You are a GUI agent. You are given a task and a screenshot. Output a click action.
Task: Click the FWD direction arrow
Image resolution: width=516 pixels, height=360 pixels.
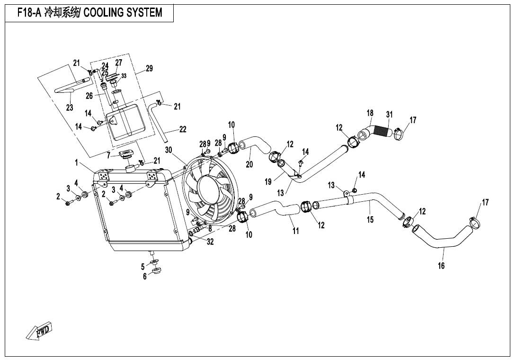[39, 332]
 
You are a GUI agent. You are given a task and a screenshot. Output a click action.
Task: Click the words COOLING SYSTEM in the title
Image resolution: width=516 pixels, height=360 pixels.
[123, 13]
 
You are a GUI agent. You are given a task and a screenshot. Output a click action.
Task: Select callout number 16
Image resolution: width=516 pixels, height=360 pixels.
[441, 265]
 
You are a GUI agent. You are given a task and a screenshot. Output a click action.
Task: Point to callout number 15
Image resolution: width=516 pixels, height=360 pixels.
[370, 219]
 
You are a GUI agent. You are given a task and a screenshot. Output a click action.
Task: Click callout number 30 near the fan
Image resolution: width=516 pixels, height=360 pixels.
[169, 150]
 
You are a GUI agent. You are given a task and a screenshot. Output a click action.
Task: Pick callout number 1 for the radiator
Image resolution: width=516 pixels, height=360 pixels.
[76, 162]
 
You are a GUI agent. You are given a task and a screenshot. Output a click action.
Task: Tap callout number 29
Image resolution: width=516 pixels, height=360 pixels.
[149, 69]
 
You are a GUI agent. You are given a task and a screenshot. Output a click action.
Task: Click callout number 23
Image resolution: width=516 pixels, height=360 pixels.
[70, 108]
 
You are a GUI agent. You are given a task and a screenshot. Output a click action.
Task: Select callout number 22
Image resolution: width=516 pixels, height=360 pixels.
[183, 129]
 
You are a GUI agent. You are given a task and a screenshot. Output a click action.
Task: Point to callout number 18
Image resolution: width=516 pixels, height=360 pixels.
[370, 113]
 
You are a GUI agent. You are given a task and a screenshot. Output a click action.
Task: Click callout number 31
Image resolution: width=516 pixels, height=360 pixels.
[389, 115]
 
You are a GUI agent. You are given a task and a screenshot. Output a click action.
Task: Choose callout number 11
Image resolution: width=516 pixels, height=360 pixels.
[296, 231]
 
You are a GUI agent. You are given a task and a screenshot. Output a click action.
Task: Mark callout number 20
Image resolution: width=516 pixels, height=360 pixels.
[249, 164]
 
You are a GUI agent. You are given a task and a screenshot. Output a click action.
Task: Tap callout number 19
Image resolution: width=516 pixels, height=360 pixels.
[268, 181]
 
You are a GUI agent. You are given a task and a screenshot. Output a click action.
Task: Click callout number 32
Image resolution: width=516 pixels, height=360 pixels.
[210, 242]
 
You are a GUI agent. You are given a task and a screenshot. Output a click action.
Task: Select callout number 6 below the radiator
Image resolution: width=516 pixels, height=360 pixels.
[145, 277]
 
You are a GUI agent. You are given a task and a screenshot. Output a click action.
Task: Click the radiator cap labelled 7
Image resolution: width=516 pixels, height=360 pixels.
[126, 154]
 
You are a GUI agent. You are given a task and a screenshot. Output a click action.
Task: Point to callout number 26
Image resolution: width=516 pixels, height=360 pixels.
[89, 96]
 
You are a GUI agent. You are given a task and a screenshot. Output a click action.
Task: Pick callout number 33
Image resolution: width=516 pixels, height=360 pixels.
[124, 76]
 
